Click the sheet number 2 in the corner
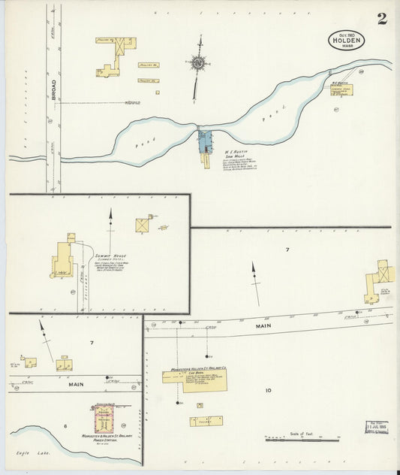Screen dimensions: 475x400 pos(382,19)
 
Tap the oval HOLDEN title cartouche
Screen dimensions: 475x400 pos(347,41)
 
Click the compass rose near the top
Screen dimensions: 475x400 pos(198,65)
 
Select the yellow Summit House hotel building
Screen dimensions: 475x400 pos(66,259)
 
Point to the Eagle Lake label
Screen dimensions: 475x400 pos(24,455)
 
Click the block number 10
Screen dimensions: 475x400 pos(268,390)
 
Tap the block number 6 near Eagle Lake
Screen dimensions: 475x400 pos(65,427)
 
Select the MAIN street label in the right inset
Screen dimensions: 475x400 pos(262,325)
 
